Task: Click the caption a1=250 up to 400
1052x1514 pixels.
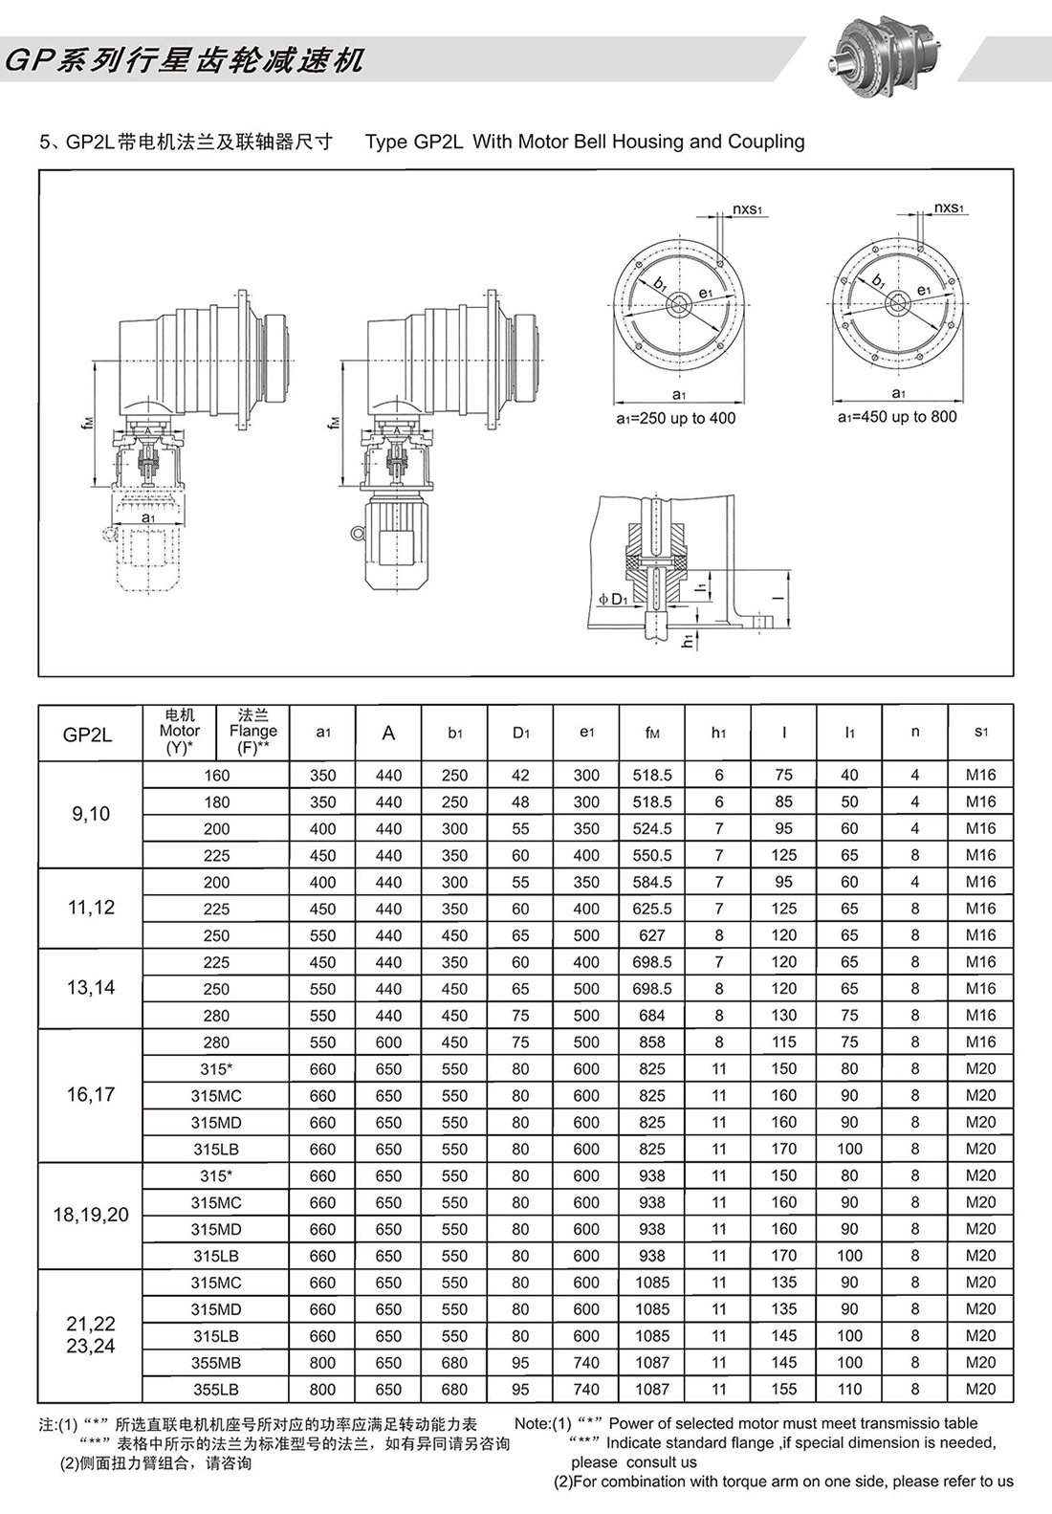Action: (x=675, y=418)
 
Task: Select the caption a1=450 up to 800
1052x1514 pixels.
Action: (x=897, y=416)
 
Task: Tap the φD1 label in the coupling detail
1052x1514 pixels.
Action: (x=611, y=600)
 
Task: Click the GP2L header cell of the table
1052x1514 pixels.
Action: (x=88, y=734)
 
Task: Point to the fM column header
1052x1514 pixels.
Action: (x=652, y=733)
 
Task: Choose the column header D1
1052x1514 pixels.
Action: (x=520, y=733)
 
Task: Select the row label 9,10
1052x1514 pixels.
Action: (x=91, y=814)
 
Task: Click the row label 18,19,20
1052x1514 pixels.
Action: (x=91, y=1215)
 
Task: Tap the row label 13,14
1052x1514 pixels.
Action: (x=91, y=988)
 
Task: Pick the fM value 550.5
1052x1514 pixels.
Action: (x=652, y=855)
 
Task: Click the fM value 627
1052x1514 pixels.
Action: (x=652, y=935)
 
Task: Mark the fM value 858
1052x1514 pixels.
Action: (x=652, y=1042)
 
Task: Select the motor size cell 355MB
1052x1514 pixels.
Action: (x=216, y=1362)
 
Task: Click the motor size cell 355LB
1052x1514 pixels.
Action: (x=216, y=1389)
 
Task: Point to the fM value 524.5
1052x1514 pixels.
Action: (x=652, y=828)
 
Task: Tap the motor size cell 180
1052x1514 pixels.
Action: (x=216, y=801)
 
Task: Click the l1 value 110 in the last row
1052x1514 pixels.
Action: (x=849, y=1389)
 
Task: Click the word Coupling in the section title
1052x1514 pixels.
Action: (x=766, y=142)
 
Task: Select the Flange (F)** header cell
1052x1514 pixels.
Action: (x=252, y=733)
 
